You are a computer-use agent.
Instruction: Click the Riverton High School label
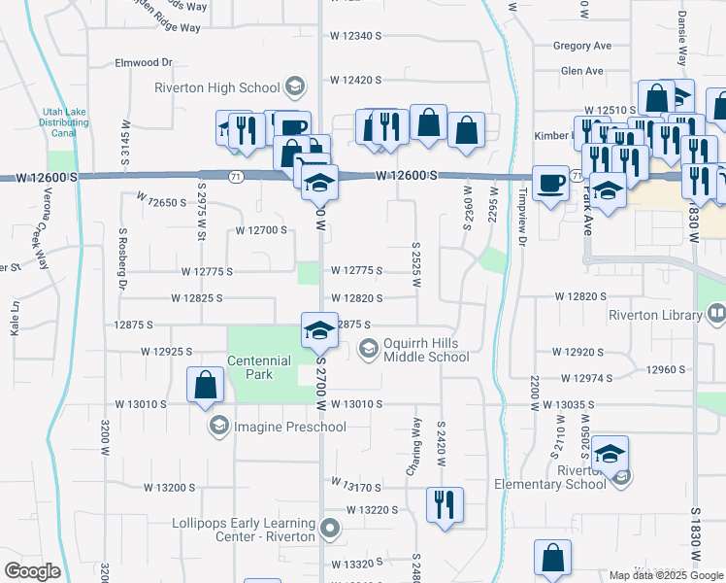(x=217, y=87)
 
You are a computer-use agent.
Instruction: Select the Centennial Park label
(x=259, y=367)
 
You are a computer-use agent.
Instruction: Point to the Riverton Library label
(x=654, y=315)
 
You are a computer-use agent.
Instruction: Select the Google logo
(x=33, y=570)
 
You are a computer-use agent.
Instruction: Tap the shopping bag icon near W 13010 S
(x=206, y=385)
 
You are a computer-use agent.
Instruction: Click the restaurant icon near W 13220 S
(x=445, y=504)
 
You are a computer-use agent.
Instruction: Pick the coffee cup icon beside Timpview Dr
(x=551, y=182)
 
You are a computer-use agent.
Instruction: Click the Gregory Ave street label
(x=581, y=46)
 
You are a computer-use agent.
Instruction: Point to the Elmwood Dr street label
(x=143, y=62)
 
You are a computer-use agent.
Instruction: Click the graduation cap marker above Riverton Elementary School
(x=610, y=453)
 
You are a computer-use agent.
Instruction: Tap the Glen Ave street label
(x=581, y=71)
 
